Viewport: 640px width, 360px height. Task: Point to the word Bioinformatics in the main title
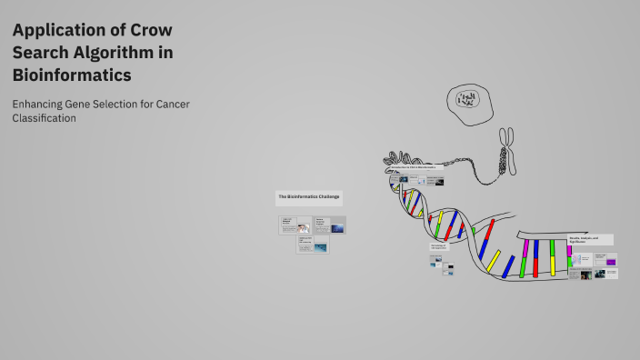pyautogui.click(x=72, y=75)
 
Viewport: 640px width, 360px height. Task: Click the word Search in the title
pyautogui.click(x=37, y=53)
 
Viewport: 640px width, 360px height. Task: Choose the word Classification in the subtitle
pyautogui.click(x=44, y=118)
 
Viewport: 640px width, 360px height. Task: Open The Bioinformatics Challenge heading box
pyautogui.click(x=310, y=196)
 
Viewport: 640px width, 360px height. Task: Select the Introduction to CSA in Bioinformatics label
pyautogui.click(x=414, y=168)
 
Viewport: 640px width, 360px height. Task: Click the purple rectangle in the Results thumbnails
pyautogui.click(x=611, y=262)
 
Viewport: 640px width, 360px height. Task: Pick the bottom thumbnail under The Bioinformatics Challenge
pyautogui.click(x=312, y=245)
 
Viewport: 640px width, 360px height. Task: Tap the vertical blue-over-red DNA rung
pyautogui.click(x=536, y=257)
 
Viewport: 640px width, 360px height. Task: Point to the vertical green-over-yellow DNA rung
pyautogui.click(x=552, y=257)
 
